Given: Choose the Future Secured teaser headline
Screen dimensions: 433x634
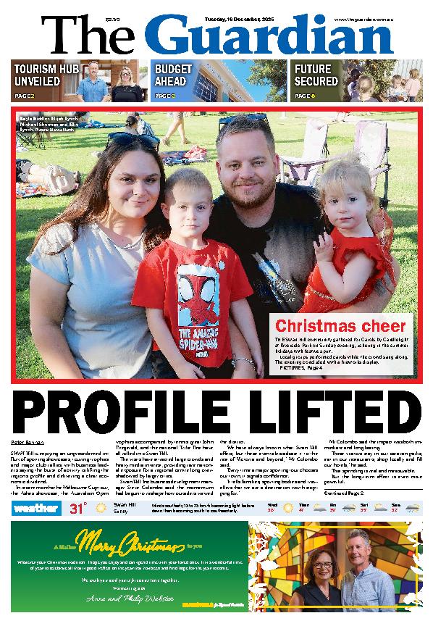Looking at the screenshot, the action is (316, 75).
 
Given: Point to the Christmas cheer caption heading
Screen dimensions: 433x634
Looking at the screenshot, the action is (341, 325).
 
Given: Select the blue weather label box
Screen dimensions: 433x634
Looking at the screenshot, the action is (33, 508).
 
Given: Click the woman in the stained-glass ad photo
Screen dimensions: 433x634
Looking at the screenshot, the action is (319, 587).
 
